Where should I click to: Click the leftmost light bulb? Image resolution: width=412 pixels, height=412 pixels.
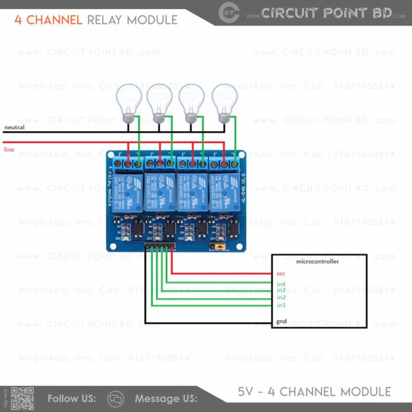[129, 101]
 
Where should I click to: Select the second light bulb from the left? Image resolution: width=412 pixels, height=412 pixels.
[159, 101]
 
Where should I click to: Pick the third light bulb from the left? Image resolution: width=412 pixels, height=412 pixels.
[191, 101]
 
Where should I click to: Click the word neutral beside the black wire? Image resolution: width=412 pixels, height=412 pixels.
[14, 127]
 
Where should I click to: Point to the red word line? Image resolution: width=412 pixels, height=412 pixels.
[9, 149]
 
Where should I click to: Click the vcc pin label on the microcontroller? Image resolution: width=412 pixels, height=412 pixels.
[280, 274]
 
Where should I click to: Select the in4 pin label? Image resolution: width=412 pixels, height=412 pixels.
[281, 284]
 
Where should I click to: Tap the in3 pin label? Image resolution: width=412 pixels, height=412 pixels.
[281, 291]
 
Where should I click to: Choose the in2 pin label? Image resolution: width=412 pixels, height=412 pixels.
[281, 298]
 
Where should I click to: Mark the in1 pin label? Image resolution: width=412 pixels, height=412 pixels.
[281, 305]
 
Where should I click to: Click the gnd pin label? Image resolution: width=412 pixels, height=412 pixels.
[282, 322]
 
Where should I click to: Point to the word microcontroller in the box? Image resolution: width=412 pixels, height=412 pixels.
[318, 262]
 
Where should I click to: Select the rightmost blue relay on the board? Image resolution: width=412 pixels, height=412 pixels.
[225, 192]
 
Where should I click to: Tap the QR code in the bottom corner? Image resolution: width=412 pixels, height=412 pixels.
[22, 399]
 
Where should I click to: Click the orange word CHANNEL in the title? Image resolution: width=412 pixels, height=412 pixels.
[54, 20]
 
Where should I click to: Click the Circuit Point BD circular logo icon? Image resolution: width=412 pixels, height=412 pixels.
[229, 13]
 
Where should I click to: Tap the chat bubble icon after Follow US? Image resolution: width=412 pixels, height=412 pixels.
[116, 398]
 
